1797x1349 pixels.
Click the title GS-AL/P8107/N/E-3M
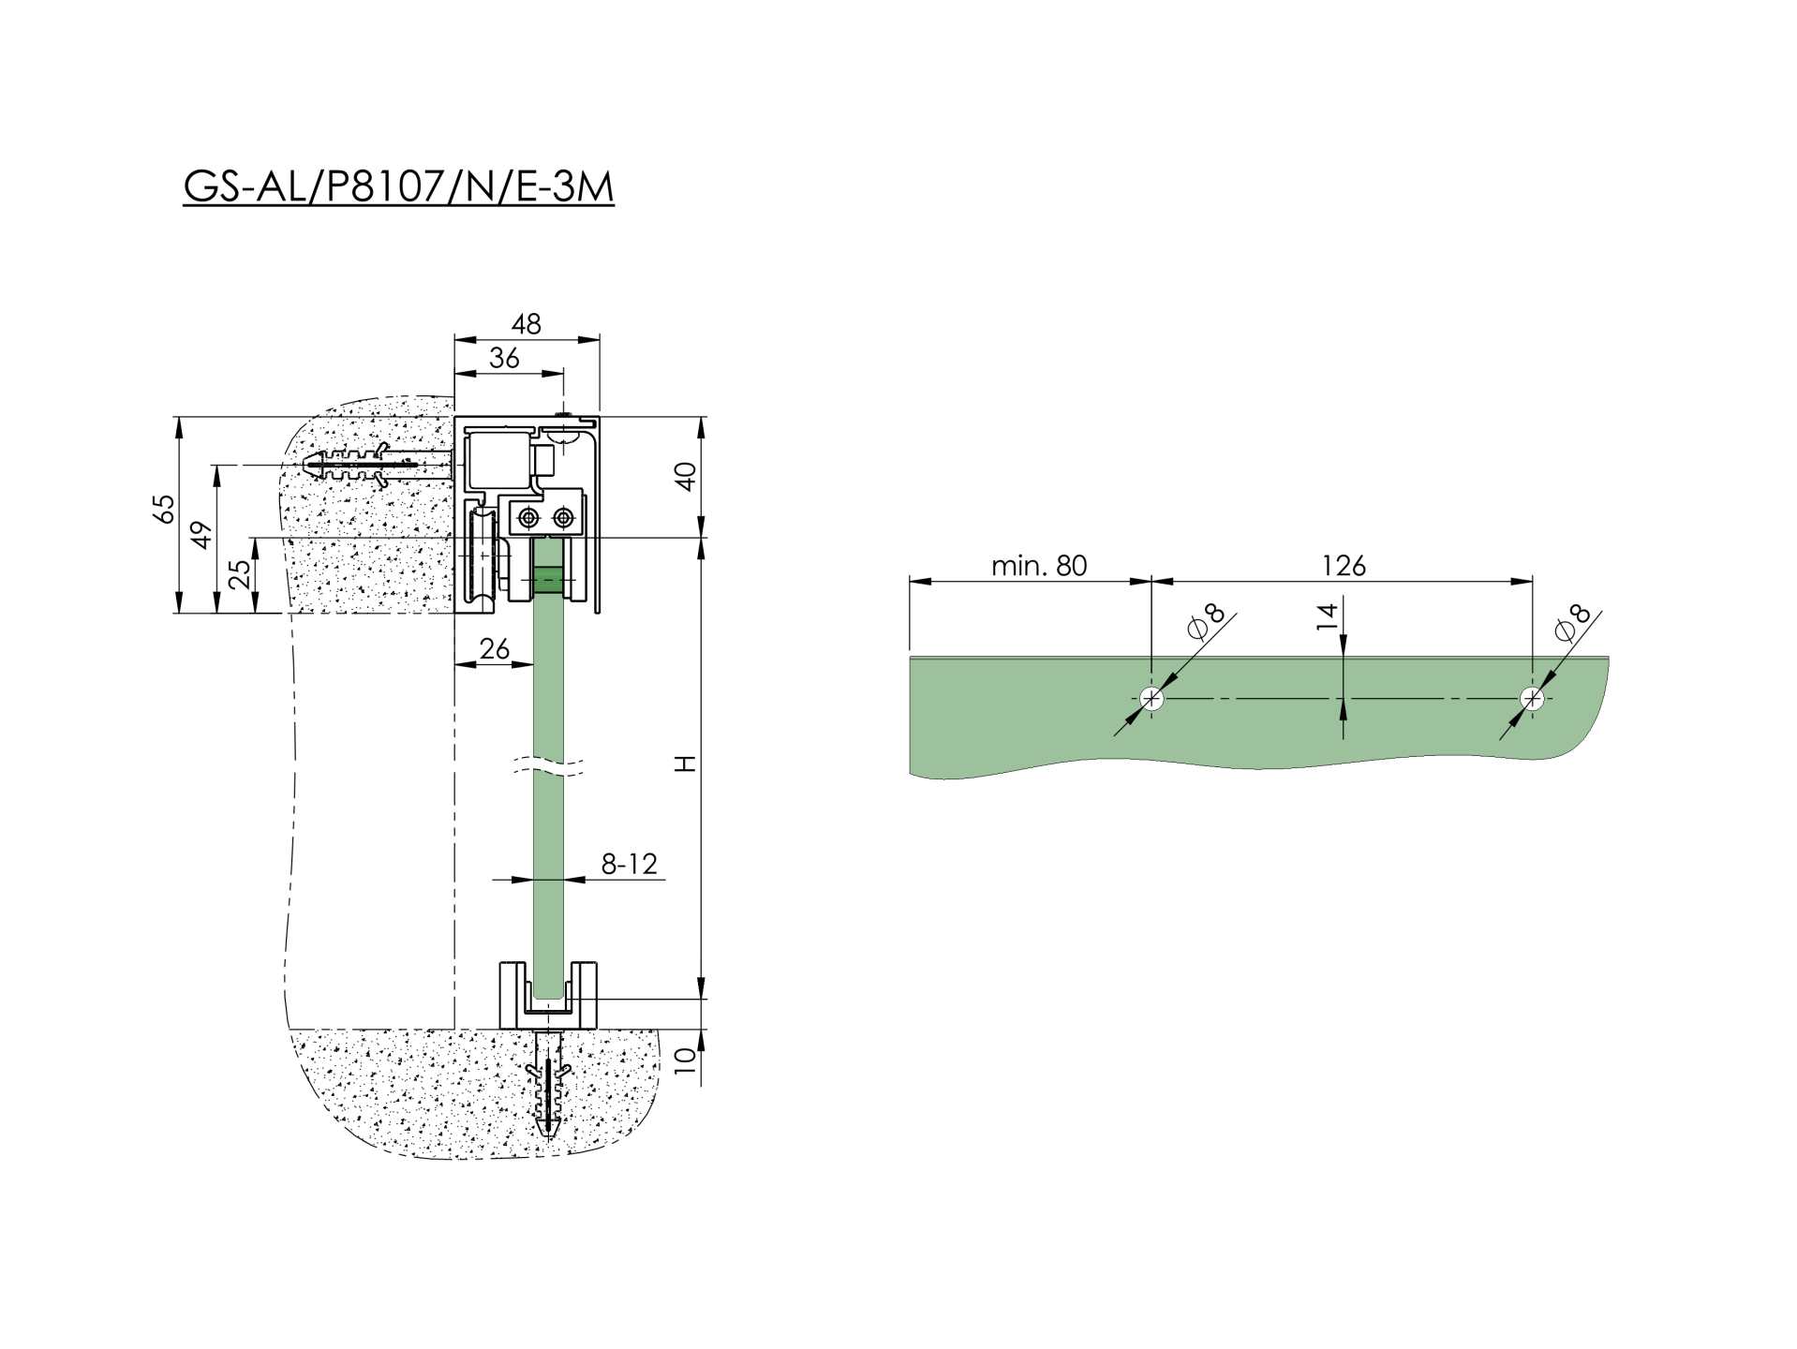coord(398,186)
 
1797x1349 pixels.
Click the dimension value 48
coord(526,324)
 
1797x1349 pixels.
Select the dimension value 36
coord(504,358)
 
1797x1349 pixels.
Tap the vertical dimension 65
coord(164,509)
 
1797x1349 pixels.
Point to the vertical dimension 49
coord(202,535)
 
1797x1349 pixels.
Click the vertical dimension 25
coord(241,572)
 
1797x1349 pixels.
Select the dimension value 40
coord(687,476)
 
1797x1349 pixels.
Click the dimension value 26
coord(494,648)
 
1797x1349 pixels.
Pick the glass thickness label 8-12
coord(629,864)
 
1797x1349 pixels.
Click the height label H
coord(687,764)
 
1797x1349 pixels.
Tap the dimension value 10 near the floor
coord(687,1060)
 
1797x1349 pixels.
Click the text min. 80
coord(1038,566)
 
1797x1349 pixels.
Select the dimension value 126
coord(1343,566)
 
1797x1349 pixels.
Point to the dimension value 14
coord(1327,616)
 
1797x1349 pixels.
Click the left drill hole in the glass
coord(1151,699)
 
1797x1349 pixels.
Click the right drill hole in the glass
coord(1532,699)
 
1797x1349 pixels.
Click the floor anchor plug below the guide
coord(548,1087)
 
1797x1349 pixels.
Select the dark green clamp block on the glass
coord(548,580)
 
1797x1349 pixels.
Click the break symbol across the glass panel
coord(548,767)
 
